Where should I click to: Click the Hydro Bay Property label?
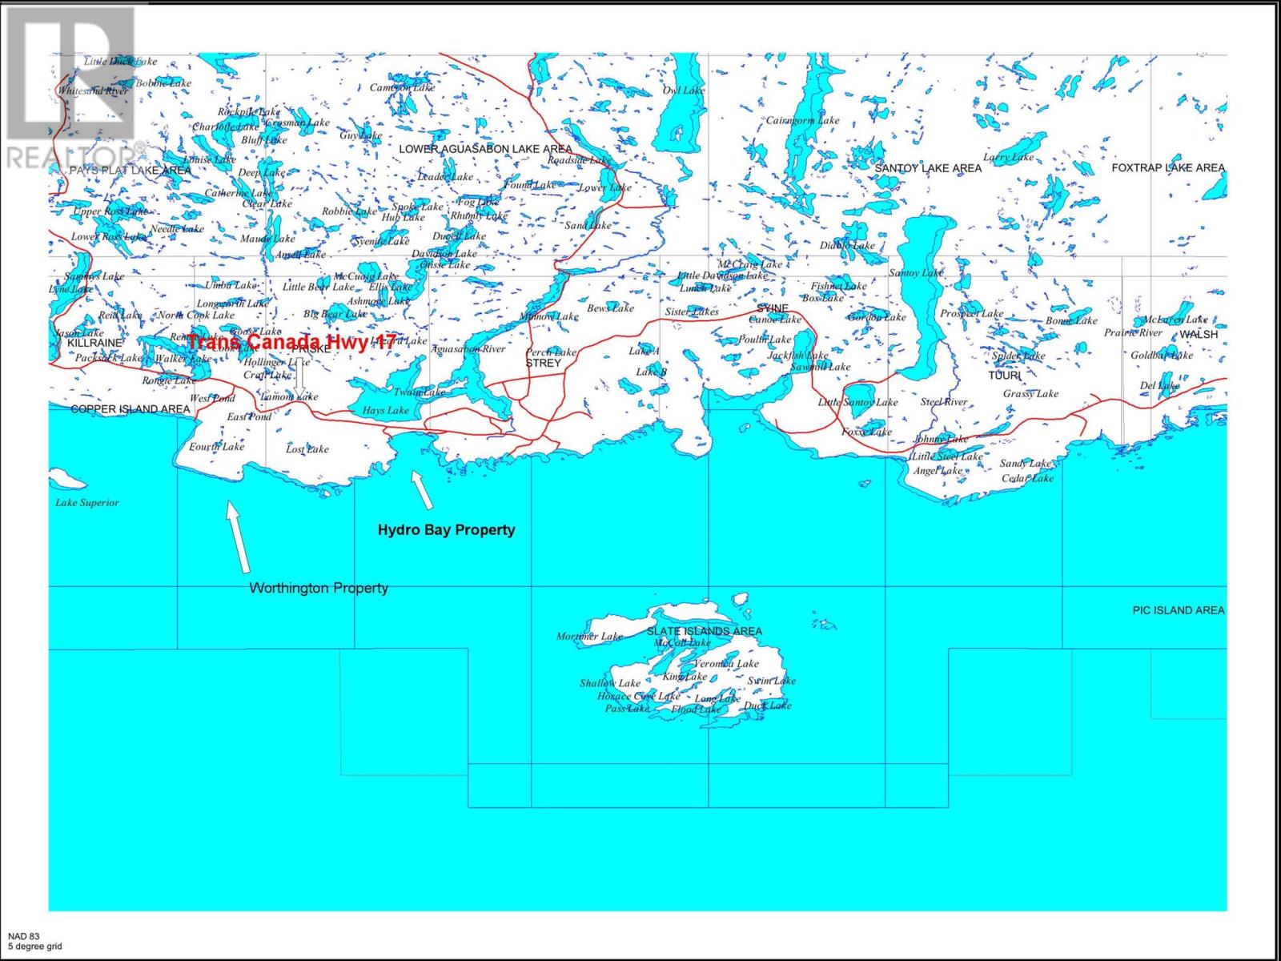tap(446, 529)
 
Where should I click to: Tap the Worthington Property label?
tap(319, 588)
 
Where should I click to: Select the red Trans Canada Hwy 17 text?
tap(291, 342)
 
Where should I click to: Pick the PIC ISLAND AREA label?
tap(1178, 610)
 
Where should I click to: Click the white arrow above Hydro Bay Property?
tap(422, 490)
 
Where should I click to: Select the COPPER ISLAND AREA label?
tap(131, 409)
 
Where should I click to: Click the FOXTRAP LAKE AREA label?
tap(1168, 167)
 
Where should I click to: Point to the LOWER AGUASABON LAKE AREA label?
tap(485, 149)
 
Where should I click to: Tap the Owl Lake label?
tap(683, 90)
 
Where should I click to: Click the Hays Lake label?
tap(385, 410)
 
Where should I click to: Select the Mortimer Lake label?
tap(589, 637)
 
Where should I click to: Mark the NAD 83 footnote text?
tap(23, 936)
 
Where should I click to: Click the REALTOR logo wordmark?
tap(72, 155)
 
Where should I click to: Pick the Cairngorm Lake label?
tap(802, 121)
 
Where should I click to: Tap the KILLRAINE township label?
tap(94, 342)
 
